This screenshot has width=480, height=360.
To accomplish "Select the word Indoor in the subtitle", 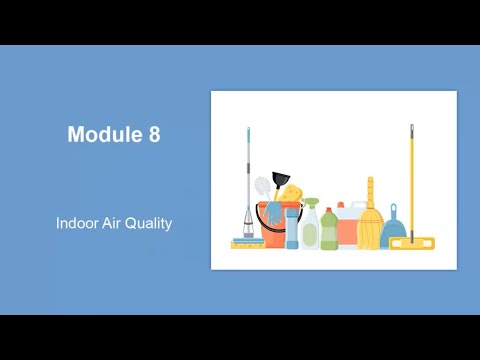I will [x=78, y=223].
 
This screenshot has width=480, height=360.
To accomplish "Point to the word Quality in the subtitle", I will [x=151, y=223].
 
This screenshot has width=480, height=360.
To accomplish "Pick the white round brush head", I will [x=262, y=184].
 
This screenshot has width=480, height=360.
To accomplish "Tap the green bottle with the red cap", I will [x=329, y=228].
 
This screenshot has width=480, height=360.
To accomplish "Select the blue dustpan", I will [x=393, y=229].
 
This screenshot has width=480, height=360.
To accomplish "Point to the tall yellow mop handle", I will [x=411, y=180].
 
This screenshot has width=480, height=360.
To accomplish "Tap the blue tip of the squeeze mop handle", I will [x=248, y=131].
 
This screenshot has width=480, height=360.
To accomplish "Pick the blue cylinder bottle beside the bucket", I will [x=292, y=227].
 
